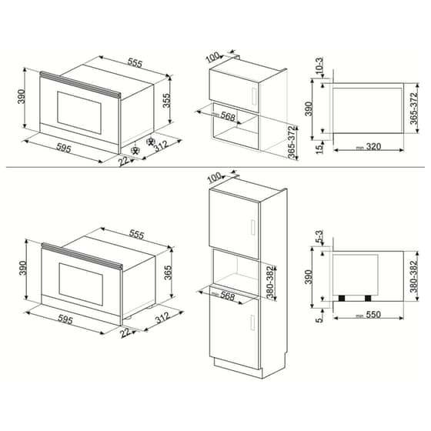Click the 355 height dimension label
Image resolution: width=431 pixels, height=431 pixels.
(x=166, y=101)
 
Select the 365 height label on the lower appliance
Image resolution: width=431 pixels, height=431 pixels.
(x=168, y=272)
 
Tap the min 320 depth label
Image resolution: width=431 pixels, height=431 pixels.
(x=369, y=147)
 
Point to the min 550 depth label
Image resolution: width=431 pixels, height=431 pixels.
(x=369, y=315)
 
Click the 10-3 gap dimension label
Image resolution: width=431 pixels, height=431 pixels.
(x=319, y=65)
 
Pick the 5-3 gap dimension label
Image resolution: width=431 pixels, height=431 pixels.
(x=319, y=237)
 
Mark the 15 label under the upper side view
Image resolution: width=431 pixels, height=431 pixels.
(x=319, y=149)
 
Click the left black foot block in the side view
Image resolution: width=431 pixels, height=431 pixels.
(x=342, y=299)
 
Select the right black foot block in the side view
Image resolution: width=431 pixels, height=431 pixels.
(x=368, y=299)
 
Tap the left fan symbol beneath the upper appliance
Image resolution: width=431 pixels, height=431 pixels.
(x=135, y=151)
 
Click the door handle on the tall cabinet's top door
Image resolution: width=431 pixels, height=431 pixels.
(x=253, y=227)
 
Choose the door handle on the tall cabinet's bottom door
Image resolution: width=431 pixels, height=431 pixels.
(x=253, y=322)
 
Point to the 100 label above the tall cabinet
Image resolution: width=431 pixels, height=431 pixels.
(x=215, y=178)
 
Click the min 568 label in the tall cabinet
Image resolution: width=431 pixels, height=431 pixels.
(x=223, y=296)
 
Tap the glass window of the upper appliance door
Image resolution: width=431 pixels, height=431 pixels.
(x=79, y=112)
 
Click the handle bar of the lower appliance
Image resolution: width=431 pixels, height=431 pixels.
(x=82, y=255)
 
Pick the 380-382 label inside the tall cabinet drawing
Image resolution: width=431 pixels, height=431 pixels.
(x=271, y=282)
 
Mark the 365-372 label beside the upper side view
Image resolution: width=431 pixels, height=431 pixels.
(x=414, y=109)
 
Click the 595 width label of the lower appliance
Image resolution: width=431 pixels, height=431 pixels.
(x=65, y=319)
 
